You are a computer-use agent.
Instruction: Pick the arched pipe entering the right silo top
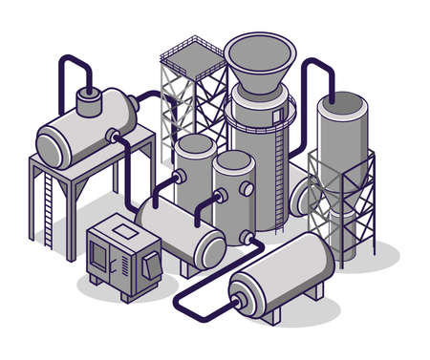tap(315, 76)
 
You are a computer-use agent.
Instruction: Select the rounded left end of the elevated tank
tap(49, 144)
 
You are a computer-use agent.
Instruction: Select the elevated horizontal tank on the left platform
tap(86, 129)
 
